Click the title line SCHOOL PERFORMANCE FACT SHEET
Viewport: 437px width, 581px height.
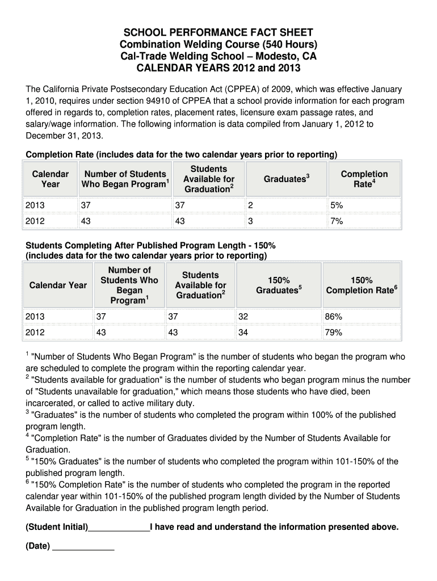(x=218, y=32)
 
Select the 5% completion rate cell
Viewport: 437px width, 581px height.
(x=337, y=205)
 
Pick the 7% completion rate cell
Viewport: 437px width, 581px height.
(x=337, y=221)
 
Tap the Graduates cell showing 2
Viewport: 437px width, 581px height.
(x=250, y=205)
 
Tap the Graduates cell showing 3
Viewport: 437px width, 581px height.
(x=250, y=221)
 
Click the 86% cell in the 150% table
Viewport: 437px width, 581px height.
(x=333, y=317)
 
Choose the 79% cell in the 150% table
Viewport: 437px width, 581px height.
(x=333, y=332)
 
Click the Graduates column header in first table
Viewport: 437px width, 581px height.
(x=286, y=179)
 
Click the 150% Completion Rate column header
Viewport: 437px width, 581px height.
(x=361, y=285)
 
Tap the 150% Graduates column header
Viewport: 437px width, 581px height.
(x=278, y=285)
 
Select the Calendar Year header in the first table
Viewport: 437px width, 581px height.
(x=50, y=179)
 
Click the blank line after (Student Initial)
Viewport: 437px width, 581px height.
(x=119, y=528)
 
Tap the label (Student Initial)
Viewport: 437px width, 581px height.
(x=57, y=527)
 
